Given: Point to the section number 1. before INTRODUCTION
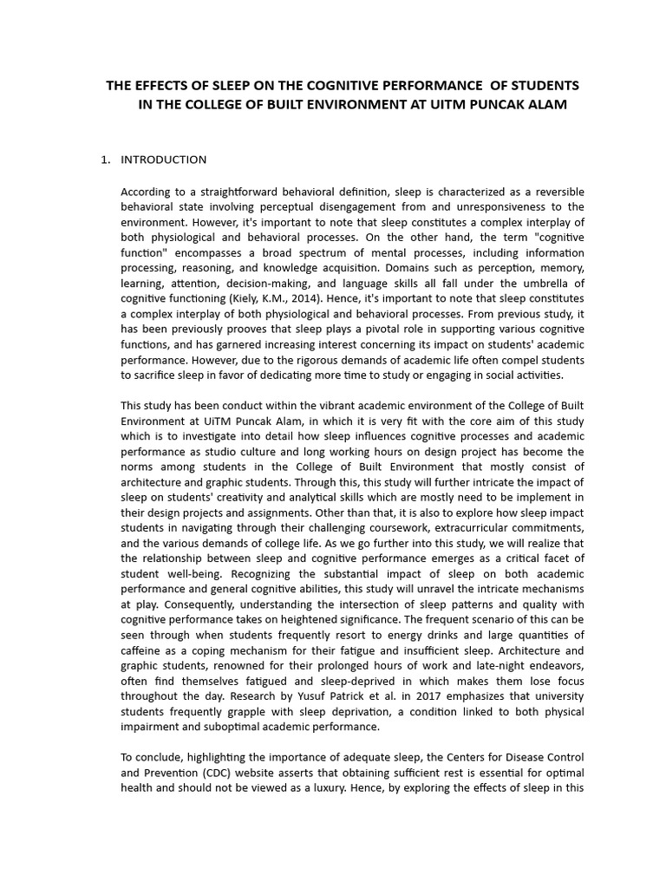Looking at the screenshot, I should [106, 160].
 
